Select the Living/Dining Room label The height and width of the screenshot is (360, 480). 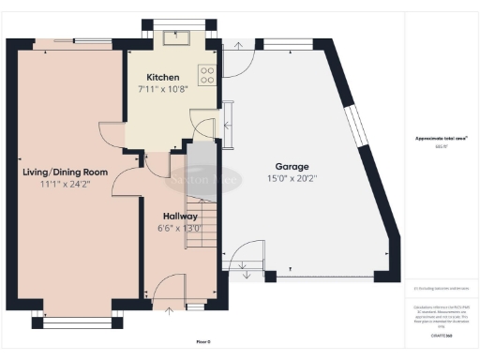click(x=66, y=172)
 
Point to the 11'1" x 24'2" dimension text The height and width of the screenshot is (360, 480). click(x=66, y=186)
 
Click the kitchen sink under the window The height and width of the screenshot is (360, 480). click(x=175, y=37)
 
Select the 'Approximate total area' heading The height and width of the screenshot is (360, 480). click(x=442, y=139)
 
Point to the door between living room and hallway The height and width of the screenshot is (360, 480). click(x=124, y=182)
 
